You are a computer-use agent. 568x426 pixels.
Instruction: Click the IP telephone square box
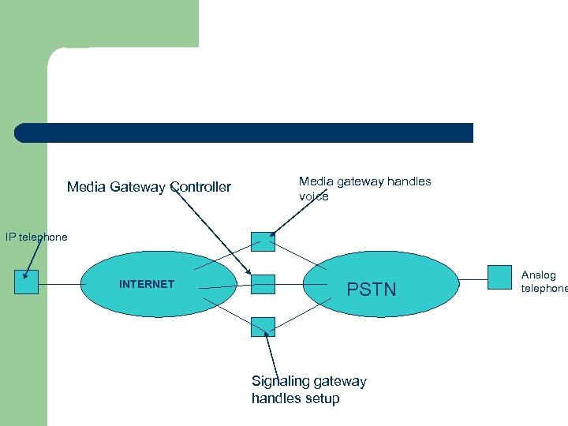pos(26,282)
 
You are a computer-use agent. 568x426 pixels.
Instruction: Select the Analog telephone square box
pos(500,277)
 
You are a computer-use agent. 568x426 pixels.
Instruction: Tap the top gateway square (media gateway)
pos(263,241)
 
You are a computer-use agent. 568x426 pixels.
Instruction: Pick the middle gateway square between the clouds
pos(263,284)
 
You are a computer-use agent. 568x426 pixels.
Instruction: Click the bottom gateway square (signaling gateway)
pos(263,327)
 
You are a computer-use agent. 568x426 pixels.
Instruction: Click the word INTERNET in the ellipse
pos(147,284)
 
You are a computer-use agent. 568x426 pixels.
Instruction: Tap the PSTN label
pos(372,290)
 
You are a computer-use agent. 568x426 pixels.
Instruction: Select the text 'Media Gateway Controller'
pos(149,187)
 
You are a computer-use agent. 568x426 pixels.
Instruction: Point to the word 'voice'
pos(314,196)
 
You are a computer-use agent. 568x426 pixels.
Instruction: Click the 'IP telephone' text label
pos(36,237)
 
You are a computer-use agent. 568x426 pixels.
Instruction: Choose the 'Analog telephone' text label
pos(543,282)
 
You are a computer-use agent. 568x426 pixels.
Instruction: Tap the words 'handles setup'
pos(295,398)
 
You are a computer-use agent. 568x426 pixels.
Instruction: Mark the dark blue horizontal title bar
pos(245,133)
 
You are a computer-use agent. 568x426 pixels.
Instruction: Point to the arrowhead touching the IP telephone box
pos(26,276)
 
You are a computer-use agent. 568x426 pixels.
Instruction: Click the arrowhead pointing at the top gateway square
pos(273,234)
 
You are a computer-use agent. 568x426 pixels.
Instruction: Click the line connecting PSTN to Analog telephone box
pos(473,278)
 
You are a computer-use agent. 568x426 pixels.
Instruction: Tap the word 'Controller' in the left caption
pos(200,187)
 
